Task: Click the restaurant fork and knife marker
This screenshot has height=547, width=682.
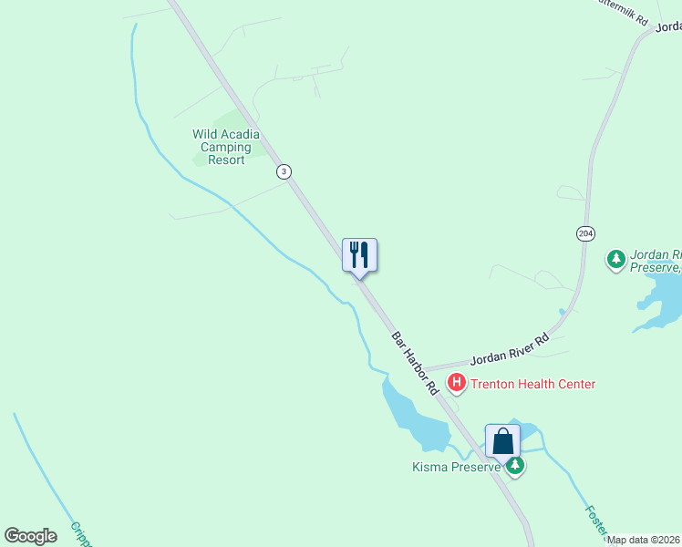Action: coord(359,254)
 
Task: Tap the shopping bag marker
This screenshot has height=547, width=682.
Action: coord(502,441)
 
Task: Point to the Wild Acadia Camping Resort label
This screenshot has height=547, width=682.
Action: coord(225,147)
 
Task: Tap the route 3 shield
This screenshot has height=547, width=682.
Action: coord(284,171)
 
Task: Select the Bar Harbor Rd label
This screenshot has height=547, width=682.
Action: coord(416,362)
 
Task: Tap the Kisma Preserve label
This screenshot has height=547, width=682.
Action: coord(455,468)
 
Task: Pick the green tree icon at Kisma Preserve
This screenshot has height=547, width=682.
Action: coord(516,467)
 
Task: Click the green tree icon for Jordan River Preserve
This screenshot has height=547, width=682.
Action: coord(617,261)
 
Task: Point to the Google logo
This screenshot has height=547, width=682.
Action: coord(30,536)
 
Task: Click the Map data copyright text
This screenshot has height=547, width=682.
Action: coord(643,540)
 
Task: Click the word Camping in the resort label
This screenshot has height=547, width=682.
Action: coord(225,147)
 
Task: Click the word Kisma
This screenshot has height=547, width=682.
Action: coord(429,468)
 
